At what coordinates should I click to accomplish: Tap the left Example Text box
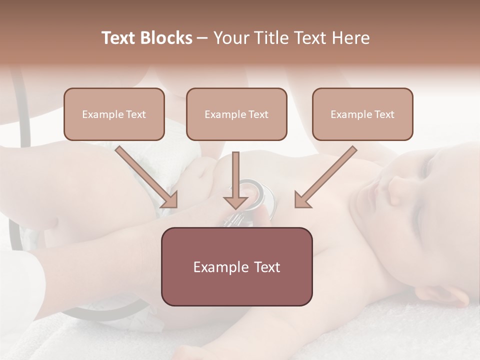pos(114,114)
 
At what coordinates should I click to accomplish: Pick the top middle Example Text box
pos(236,114)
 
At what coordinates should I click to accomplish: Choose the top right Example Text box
pos(362,114)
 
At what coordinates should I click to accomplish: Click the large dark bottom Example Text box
pos(236,266)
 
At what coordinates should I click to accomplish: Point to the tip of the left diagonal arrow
pos(175,206)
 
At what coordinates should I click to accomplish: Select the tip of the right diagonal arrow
pos(296,206)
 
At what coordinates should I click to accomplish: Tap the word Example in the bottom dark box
pos(215,267)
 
